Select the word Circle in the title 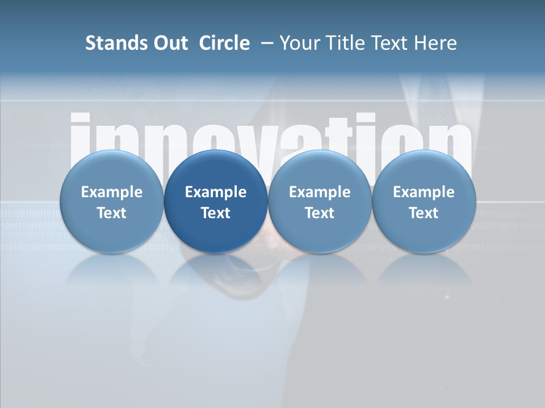tap(224, 43)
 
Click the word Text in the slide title tap(388, 43)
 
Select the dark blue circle tap(216, 202)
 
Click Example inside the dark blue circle tap(216, 192)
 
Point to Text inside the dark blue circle tap(216, 213)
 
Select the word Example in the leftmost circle tap(112, 192)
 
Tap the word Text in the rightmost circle tap(424, 213)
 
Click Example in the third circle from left tap(320, 192)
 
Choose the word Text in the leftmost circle tap(112, 213)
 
